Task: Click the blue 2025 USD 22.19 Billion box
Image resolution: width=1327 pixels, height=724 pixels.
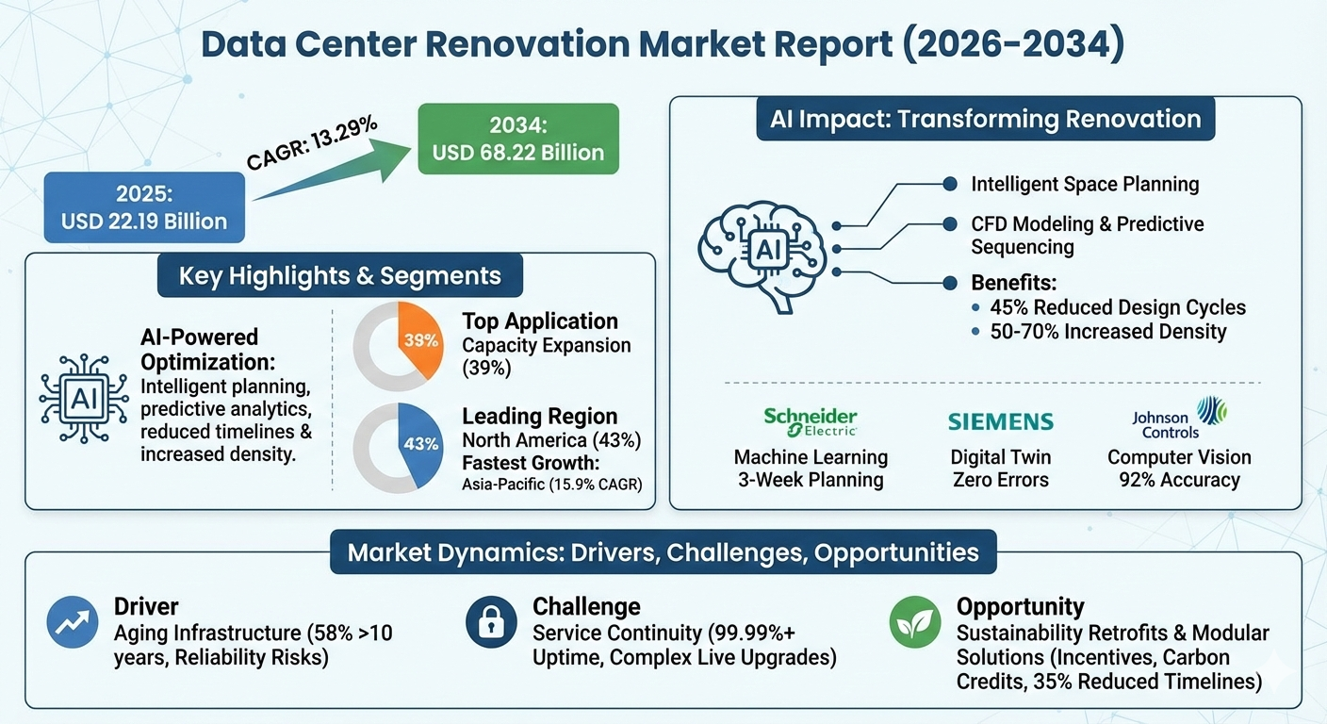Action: coord(144,208)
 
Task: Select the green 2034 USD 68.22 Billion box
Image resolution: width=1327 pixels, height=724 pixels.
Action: coord(518,139)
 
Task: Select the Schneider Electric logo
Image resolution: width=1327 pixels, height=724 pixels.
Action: coord(811,422)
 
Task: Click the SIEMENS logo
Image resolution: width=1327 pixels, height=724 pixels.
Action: coord(1000,421)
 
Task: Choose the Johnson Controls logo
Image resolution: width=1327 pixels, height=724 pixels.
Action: coord(1178,419)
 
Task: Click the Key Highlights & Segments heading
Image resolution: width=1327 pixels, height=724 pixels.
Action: coord(340,276)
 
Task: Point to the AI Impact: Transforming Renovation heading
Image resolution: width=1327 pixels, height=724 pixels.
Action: coord(985,120)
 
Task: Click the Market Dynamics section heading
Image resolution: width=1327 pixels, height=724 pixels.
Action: coord(663,551)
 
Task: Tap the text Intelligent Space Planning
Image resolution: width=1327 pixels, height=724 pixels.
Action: coord(1085,184)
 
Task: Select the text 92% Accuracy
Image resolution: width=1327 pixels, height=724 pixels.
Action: coord(1179,480)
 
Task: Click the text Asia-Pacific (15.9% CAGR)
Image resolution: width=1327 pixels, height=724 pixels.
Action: coord(552,485)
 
